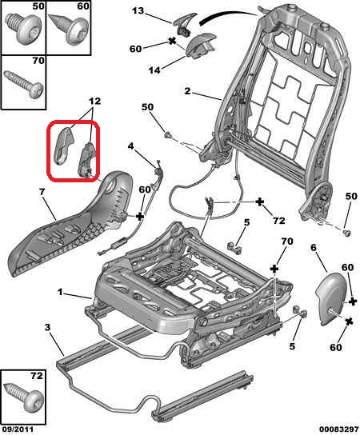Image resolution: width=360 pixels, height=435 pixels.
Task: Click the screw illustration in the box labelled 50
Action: coord(24,30)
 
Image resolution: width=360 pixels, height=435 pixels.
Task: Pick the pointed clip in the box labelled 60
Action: coord(69,30)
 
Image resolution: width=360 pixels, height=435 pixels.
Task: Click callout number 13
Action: coord(138,11)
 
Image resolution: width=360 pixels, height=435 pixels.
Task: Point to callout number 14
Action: coord(154,70)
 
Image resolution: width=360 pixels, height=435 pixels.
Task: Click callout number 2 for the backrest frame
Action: coord(188,91)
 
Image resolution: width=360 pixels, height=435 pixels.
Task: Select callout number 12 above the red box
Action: coord(94,101)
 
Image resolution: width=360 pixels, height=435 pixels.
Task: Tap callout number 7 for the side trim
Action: coord(42,192)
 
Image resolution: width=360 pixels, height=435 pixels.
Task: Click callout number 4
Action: coord(130,146)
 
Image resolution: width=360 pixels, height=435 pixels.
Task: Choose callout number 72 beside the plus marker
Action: coord(279,221)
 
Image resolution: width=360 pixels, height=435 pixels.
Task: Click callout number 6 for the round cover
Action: coord(314,247)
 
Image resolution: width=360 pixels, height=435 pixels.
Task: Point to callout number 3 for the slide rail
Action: coord(48,327)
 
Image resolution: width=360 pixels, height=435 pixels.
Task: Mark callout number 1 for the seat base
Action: coord(61,292)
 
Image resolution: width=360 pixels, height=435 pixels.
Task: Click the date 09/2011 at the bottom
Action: coord(18,429)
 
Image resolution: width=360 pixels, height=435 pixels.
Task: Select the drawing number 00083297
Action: coord(338,429)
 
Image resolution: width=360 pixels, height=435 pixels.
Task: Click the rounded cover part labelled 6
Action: coord(331,299)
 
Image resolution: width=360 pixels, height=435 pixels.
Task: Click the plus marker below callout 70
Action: coord(274,269)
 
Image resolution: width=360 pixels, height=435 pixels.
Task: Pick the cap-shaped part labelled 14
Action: coord(201,45)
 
